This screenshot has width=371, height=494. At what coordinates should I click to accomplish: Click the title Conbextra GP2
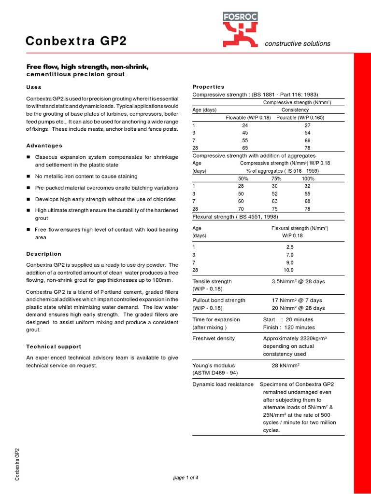click(x=76, y=41)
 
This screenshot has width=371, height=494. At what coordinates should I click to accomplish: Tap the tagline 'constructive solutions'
click(x=298, y=43)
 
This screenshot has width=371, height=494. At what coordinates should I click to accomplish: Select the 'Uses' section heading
click(x=34, y=87)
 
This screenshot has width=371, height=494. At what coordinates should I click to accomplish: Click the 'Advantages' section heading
click(x=44, y=145)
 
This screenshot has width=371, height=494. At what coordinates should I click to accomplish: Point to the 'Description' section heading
click(x=44, y=254)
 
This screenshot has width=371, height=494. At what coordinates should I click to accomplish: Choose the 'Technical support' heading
click(x=54, y=346)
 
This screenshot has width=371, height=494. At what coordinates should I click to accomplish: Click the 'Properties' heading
click(x=209, y=87)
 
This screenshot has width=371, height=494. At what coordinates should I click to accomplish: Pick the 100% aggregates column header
click(x=308, y=178)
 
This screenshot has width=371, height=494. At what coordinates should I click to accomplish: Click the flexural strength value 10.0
click(x=288, y=270)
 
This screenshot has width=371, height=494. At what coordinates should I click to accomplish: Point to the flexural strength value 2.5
click(x=289, y=247)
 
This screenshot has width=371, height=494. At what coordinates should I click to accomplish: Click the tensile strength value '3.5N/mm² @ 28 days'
click(x=298, y=281)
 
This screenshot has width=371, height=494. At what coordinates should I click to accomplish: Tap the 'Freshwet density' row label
click(x=214, y=338)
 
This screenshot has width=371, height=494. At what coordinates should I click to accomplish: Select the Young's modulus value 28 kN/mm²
click(x=285, y=365)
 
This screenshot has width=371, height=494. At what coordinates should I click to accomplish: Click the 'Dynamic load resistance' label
click(x=223, y=384)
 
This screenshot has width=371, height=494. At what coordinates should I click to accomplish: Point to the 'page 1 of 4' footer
click(x=185, y=478)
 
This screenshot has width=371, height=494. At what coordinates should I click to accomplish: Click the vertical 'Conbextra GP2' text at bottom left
click(x=17, y=464)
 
